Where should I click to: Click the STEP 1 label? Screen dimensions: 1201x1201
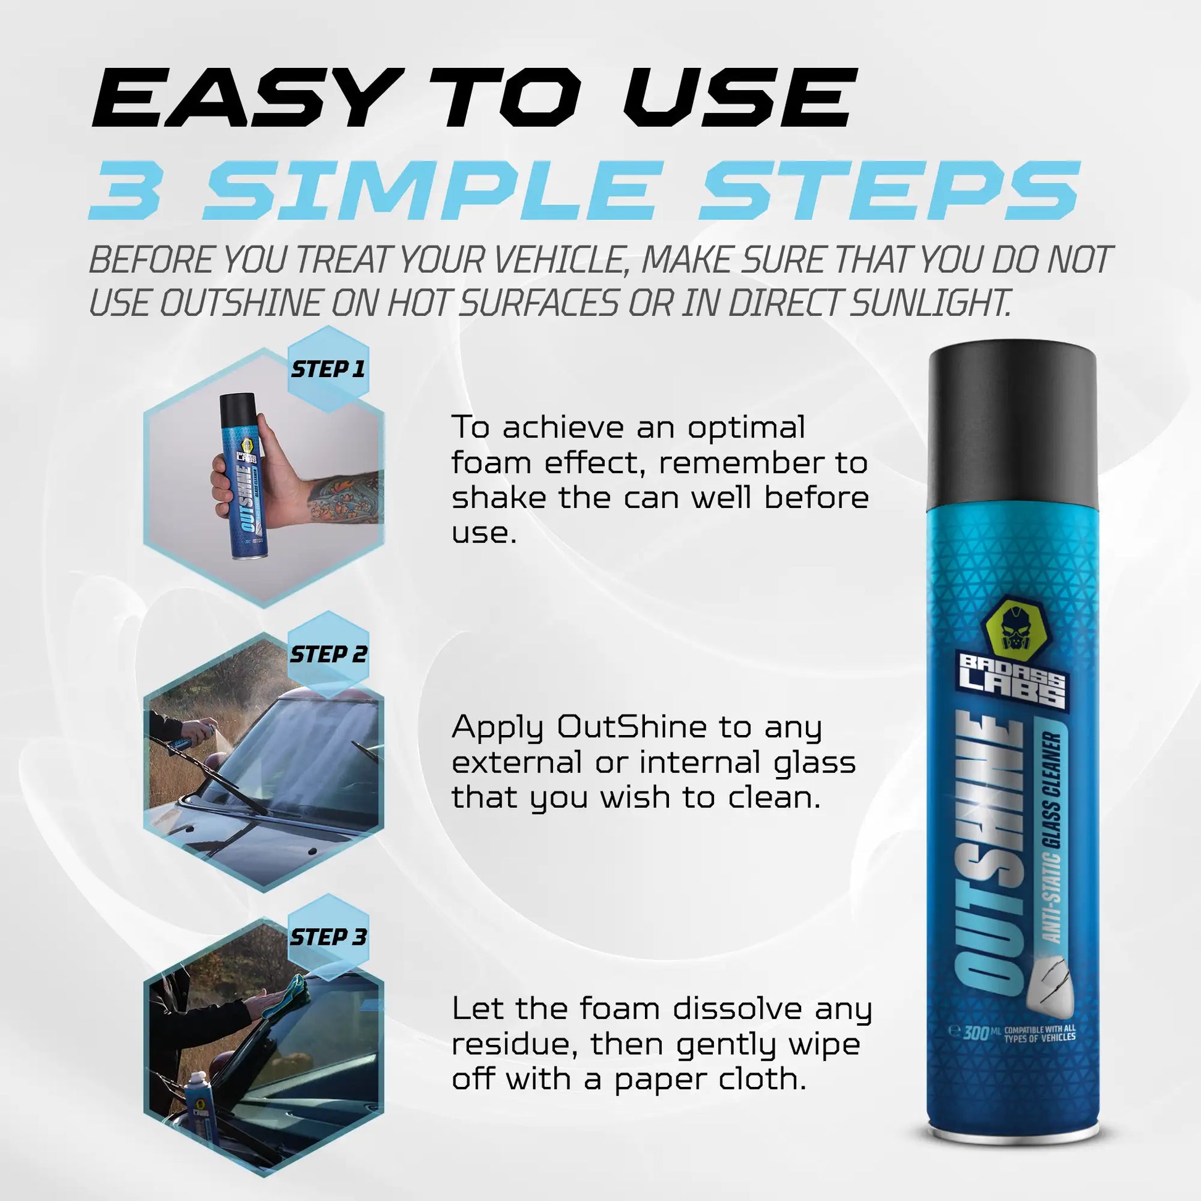(x=328, y=369)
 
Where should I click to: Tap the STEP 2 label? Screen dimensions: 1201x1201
(x=328, y=655)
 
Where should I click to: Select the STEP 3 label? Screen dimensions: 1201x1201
(x=328, y=937)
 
